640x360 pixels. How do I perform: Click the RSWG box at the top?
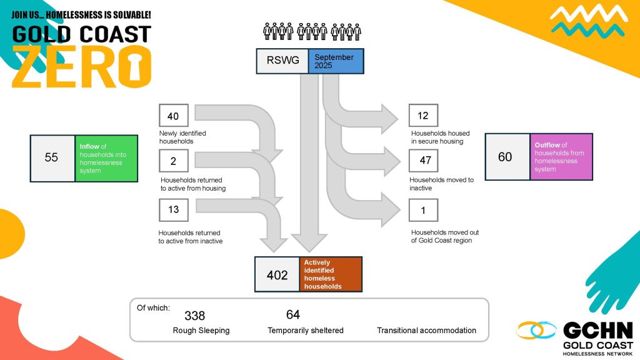[282, 61]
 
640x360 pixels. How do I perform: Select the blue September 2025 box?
[336, 61]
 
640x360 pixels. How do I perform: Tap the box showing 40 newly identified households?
[173, 116]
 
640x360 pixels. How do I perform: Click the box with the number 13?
[173, 209]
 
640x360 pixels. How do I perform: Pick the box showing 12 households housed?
[423, 116]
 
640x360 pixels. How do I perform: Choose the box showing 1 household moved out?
[423, 210]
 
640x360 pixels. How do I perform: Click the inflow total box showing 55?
[52, 158]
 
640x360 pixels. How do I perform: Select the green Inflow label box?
[106, 158]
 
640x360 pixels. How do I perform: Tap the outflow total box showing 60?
[507, 157]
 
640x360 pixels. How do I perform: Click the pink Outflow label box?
[561, 157]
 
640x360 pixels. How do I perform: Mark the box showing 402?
[277, 274]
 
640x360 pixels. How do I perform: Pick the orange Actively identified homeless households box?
[330, 274]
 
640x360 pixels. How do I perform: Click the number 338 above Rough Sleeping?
[194, 316]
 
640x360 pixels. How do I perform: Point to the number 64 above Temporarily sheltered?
[293, 314]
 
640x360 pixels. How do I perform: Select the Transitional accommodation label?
[426, 331]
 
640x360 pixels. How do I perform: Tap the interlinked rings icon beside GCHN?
[536, 331]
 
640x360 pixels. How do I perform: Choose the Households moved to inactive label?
[441, 184]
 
